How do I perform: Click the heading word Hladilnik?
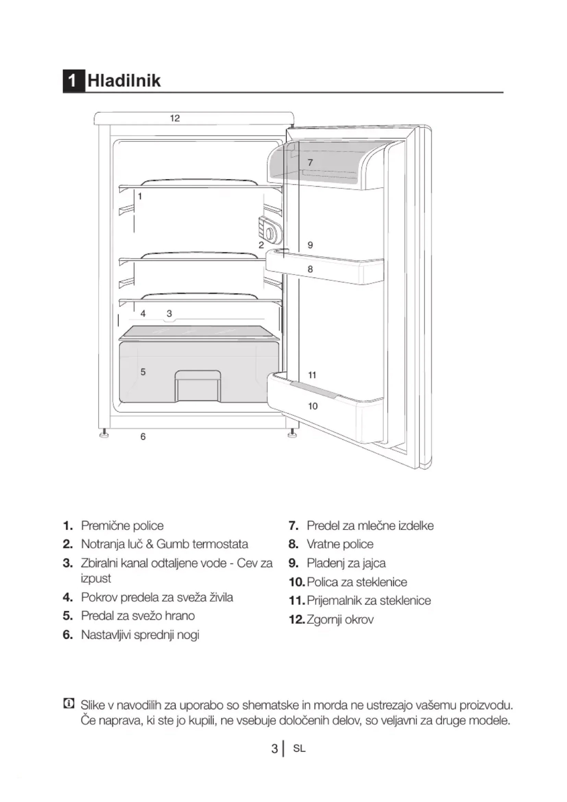(x=124, y=81)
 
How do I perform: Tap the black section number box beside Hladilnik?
(x=74, y=81)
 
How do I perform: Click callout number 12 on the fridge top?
(x=175, y=118)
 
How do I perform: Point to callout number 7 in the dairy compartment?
(x=310, y=163)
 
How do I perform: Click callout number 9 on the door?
(x=310, y=245)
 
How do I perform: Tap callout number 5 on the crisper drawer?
(x=143, y=372)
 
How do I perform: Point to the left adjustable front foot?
(x=104, y=435)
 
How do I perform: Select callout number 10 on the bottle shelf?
(x=313, y=406)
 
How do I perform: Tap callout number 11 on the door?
(x=312, y=375)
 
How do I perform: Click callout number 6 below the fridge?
(x=143, y=436)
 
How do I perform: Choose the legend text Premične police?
(x=122, y=526)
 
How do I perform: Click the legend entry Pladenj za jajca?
(x=346, y=563)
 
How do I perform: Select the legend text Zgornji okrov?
(x=340, y=619)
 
